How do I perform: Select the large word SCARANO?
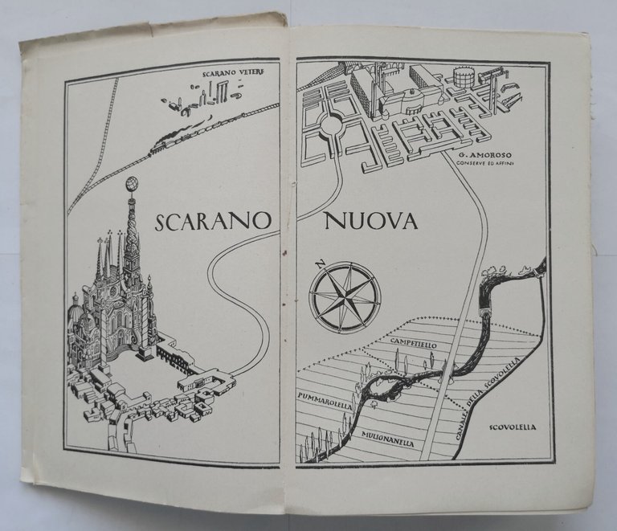click(x=211, y=223)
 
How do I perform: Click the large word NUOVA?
click(x=371, y=222)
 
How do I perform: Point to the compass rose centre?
click(x=343, y=296)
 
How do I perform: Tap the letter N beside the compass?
click(x=319, y=263)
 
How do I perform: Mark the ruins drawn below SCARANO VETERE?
click(x=198, y=101)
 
